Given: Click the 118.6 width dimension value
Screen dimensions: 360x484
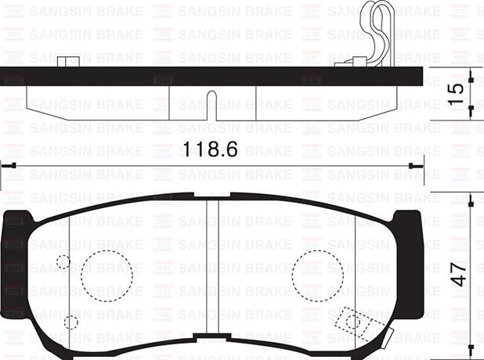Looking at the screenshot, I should [x=209, y=149].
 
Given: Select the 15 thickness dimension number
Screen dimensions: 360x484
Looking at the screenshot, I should [x=461, y=90].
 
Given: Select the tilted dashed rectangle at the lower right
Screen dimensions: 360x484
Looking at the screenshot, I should [x=355, y=322].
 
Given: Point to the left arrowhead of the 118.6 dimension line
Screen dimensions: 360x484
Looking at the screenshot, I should [x=5, y=165].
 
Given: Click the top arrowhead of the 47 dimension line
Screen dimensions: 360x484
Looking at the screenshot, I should [x=470, y=198].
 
